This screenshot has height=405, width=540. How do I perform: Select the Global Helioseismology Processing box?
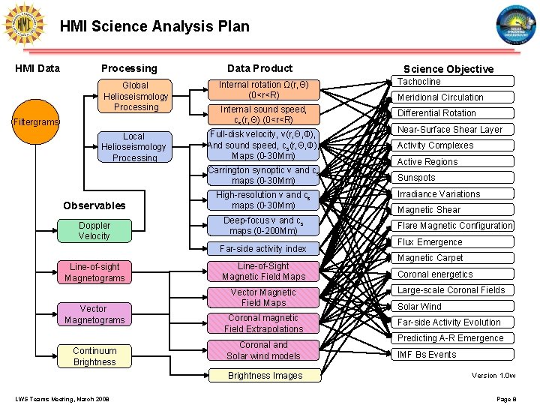[136, 96]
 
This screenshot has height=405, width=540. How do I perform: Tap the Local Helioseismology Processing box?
[134, 146]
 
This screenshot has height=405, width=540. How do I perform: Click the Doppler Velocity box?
[94, 230]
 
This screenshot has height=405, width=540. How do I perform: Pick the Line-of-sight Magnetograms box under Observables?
[94, 272]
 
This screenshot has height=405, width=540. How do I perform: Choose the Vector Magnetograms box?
[94, 314]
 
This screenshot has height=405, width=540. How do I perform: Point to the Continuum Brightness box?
[94, 356]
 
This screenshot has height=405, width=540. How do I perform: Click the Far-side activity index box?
[263, 248]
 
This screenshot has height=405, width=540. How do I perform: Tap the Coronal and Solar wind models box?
[263, 350]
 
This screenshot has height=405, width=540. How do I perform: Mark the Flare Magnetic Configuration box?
[454, 226]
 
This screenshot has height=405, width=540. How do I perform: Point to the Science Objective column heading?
[448, 69]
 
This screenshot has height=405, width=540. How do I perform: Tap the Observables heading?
[94, 205]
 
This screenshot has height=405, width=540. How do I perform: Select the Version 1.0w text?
[493, 375]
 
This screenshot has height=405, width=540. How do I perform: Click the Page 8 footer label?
[506, 398]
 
